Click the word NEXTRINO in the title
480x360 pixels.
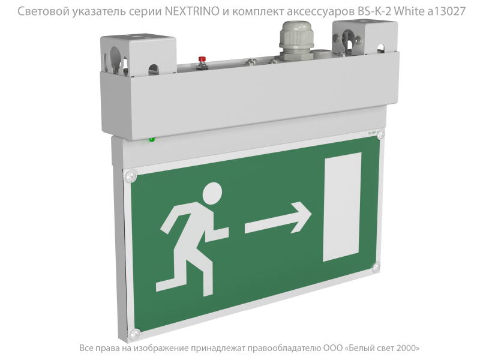coord(192,11)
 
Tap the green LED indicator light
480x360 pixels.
coord(152,140)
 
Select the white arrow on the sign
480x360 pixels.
coord(278,218)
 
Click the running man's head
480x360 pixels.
coord(212,193)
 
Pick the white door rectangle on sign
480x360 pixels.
coord(342,206)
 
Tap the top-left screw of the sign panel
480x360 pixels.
coord(131,176)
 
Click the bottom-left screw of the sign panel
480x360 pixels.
coord(135,333)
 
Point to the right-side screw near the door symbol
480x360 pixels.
coord(376,267)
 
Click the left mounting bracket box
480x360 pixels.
coord(139,55)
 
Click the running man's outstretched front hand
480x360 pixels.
coord(223,232)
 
